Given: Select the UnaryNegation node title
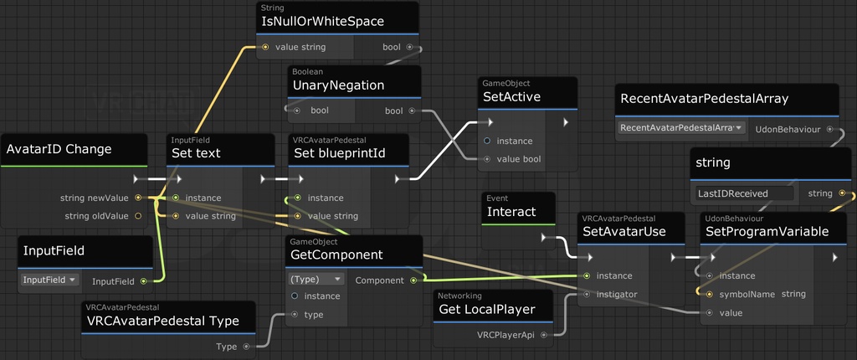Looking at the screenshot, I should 337,85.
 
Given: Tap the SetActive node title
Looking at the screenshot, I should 511,97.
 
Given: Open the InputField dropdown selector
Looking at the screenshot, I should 49,280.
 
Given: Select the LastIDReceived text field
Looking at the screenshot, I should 743,193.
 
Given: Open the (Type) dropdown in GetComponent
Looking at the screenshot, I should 316,279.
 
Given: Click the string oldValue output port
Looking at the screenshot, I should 138,216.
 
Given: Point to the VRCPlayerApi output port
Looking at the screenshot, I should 543,335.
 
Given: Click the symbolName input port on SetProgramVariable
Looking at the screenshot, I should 710,294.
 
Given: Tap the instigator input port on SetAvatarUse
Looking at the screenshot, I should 586,294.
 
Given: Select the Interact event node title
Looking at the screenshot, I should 511,212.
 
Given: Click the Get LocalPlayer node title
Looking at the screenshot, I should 486,310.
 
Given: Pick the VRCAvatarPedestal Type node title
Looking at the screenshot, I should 163,321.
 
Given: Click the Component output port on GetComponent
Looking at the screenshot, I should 413,280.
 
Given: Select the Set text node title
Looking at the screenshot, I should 197,153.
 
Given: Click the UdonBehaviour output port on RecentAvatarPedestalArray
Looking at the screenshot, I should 830,129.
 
